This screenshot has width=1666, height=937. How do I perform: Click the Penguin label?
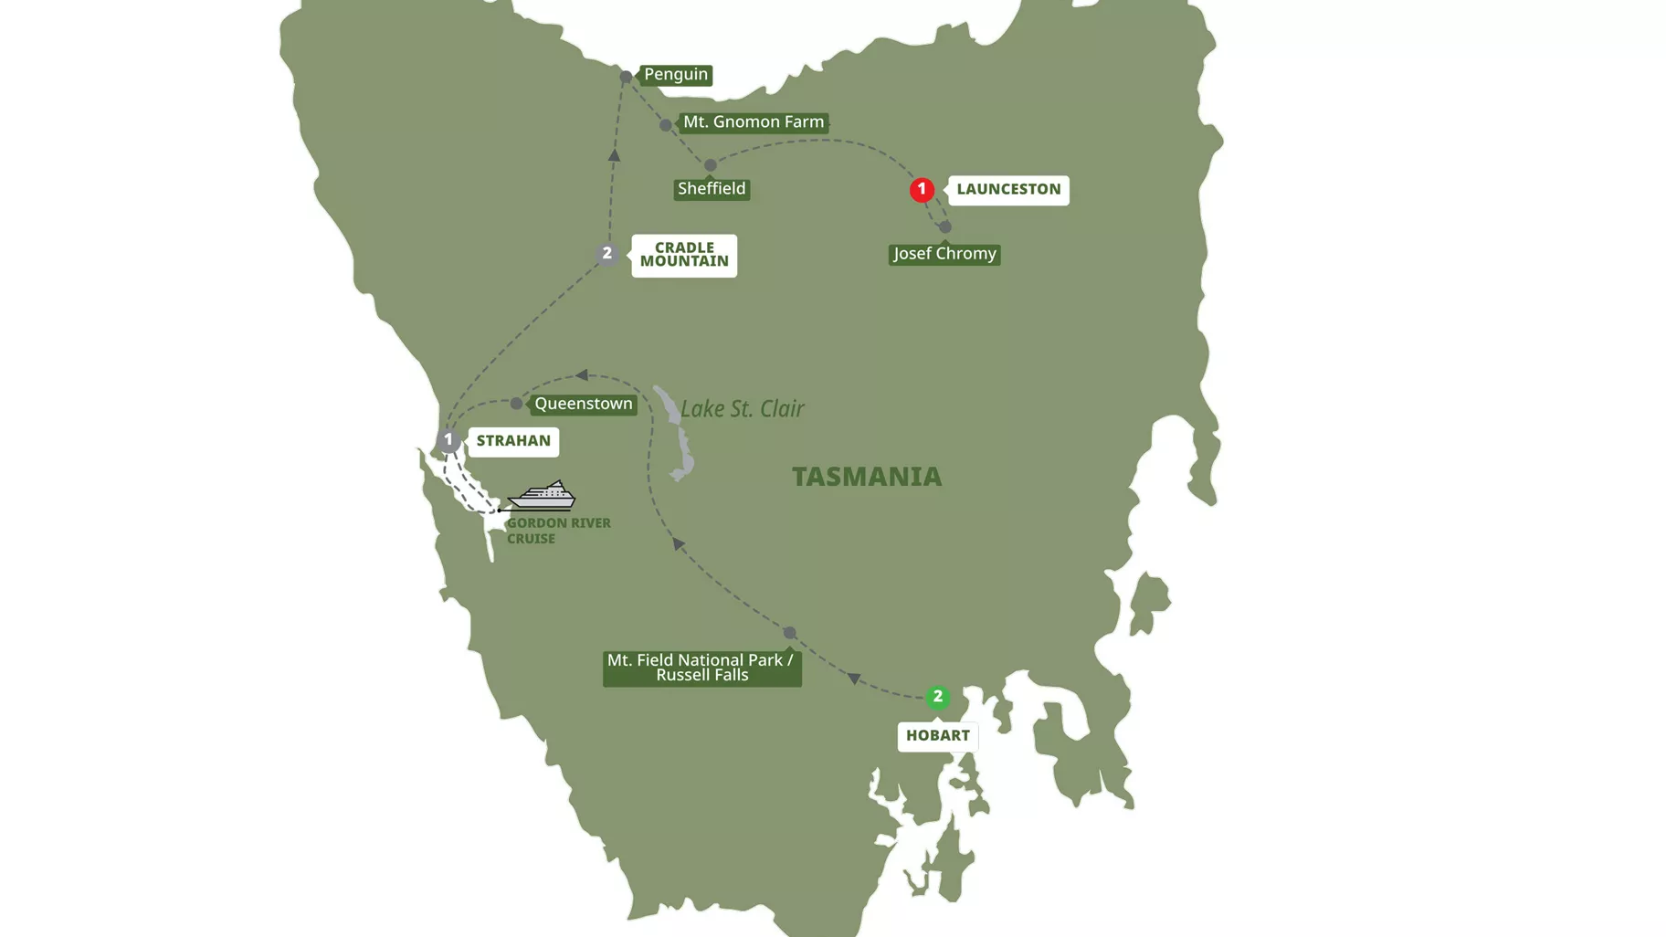tap(675, 75)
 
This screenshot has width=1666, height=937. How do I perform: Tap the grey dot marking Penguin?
tap(626, 77)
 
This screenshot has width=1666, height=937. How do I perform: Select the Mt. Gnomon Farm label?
tap(753, 122)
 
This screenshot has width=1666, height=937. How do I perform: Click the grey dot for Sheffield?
tap(711, 165)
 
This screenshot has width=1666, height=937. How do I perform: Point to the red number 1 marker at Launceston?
tap(922, 189)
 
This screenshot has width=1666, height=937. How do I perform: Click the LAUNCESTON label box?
tap(1008, 190)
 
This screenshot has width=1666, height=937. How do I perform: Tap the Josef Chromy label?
tap(944, 254)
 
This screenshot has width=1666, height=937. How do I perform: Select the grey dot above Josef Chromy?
tap(945, 226)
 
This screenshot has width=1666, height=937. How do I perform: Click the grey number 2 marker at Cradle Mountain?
tap(606, 253)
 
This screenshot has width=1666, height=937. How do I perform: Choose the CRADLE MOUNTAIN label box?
tap(684, 255)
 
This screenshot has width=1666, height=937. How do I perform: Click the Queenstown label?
tap(583, 404)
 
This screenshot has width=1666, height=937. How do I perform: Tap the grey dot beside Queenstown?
tap(516, 403)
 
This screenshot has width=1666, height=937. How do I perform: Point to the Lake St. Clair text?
tap(742, 408)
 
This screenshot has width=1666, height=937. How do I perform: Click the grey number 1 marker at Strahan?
tap(448, 440)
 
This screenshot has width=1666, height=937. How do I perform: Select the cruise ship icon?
tap(542, 495)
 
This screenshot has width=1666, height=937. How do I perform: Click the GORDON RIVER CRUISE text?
tap(557, 531)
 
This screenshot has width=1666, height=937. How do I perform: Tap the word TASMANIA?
tap(866, 477)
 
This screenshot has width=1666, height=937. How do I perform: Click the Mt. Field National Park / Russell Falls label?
tap(701, 668)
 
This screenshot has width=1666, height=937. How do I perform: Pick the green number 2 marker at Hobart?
tap(937, 697)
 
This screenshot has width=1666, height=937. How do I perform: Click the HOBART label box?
tap(937, 736)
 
